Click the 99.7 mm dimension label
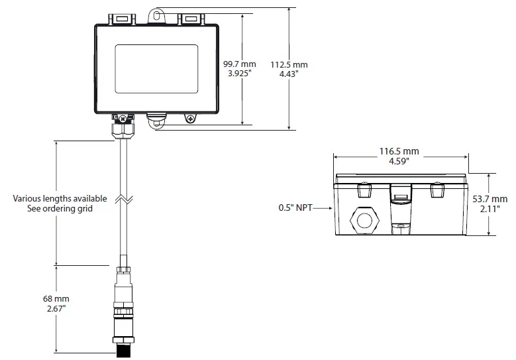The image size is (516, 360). point(238,64)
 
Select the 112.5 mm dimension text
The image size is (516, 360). point(289,64)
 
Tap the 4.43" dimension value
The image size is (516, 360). point(289,74)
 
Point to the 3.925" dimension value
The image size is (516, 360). point(238,74)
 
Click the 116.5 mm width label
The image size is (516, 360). point(399,151)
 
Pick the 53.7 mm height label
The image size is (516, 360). point(491,199)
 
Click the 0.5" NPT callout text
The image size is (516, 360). point(295,208)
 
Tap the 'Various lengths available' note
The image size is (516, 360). point(60,198)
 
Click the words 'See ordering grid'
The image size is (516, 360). point(60,208)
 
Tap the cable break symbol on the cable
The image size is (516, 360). point(124,199)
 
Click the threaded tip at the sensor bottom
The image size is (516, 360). point(123,349)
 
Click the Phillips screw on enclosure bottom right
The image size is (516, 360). point(191,119)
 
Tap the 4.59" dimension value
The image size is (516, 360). point(399,161)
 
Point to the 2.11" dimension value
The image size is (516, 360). point(491,209)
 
